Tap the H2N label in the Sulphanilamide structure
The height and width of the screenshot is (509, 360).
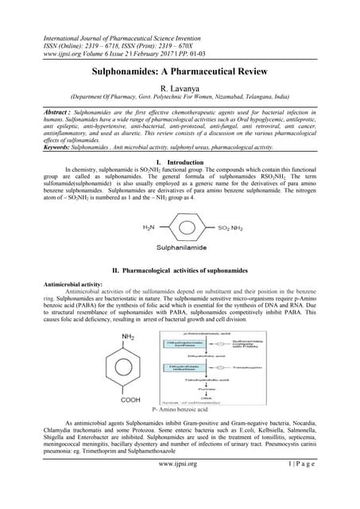click(x=149, y=227)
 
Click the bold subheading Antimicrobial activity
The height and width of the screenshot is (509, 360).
click(x=65, y=284)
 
